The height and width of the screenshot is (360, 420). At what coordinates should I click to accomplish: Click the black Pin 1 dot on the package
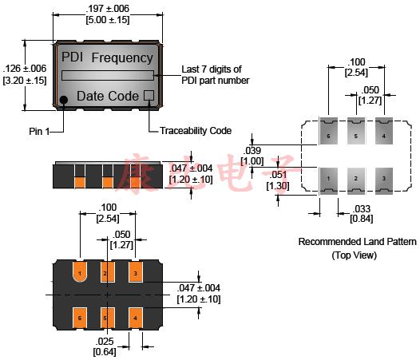(x=63, y=100)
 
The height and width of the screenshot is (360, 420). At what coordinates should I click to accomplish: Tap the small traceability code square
(x=149, y=96)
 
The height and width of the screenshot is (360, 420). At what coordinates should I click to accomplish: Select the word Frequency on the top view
(x=121, y=57)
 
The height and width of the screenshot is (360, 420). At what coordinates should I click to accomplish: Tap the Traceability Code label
(x=195, y=130)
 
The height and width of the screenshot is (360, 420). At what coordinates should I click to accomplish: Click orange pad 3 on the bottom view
(x=137, y=275)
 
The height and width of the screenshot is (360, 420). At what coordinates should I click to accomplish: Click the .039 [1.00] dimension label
(x=253, y=156)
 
